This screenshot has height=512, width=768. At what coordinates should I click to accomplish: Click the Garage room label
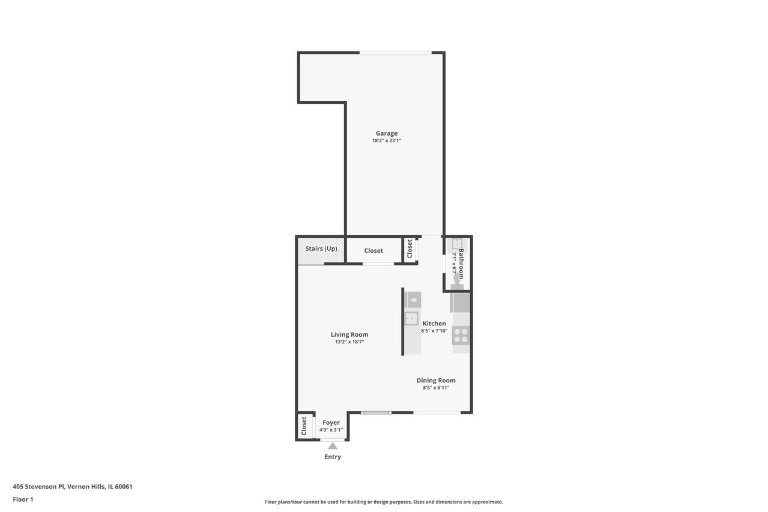coord(386,133)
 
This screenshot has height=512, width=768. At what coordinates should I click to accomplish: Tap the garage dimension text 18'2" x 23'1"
coord(386,140)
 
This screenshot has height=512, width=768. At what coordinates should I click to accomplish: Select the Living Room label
coord(349,334)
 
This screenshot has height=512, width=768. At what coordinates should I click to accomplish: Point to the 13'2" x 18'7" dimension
coord(349,342)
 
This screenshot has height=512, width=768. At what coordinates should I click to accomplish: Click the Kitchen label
coord(434,324)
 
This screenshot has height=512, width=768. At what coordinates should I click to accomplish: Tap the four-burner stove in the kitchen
coord(461,336)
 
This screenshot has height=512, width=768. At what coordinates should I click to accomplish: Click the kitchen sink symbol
coord(411,319)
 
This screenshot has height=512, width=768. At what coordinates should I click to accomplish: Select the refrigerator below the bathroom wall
coord(460,303)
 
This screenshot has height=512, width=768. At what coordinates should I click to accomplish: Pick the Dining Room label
coord(436,381)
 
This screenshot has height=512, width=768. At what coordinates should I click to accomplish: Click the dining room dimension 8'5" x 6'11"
coord(436,388)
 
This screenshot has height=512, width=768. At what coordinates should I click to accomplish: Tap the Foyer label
coord(331,423)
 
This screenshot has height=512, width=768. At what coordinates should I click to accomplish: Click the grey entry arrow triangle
coord(333,446)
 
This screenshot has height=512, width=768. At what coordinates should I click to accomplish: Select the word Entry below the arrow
coord(333,457)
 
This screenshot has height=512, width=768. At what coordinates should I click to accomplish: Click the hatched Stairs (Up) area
coord(321,251)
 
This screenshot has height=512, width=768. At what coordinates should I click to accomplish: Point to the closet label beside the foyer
coord(304,426)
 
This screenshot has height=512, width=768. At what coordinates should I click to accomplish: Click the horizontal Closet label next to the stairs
coord(373,251)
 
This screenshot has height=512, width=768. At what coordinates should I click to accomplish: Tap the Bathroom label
coord(461,264)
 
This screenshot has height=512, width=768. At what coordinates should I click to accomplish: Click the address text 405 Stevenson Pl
coord(38,487)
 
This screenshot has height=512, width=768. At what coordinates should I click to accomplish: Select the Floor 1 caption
coord(23,499)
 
